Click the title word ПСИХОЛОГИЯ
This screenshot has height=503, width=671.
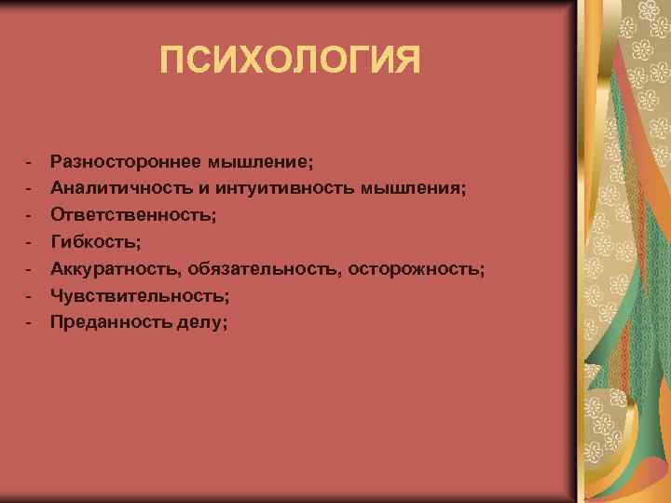(x=290, y=61)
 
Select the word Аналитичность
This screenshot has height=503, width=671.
(x=110, y=188)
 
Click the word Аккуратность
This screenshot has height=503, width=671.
(x=114, y=269)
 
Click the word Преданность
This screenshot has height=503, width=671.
(x=104, y=322)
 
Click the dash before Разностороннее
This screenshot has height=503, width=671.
(x=31, y=161)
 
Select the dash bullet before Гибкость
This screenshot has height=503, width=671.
(x=31, y=242)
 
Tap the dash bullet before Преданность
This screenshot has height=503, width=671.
(x=31, y=322)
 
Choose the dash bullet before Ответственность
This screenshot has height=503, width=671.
(x=31, y=215)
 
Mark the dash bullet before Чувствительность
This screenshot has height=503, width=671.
(x=31, y=295)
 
